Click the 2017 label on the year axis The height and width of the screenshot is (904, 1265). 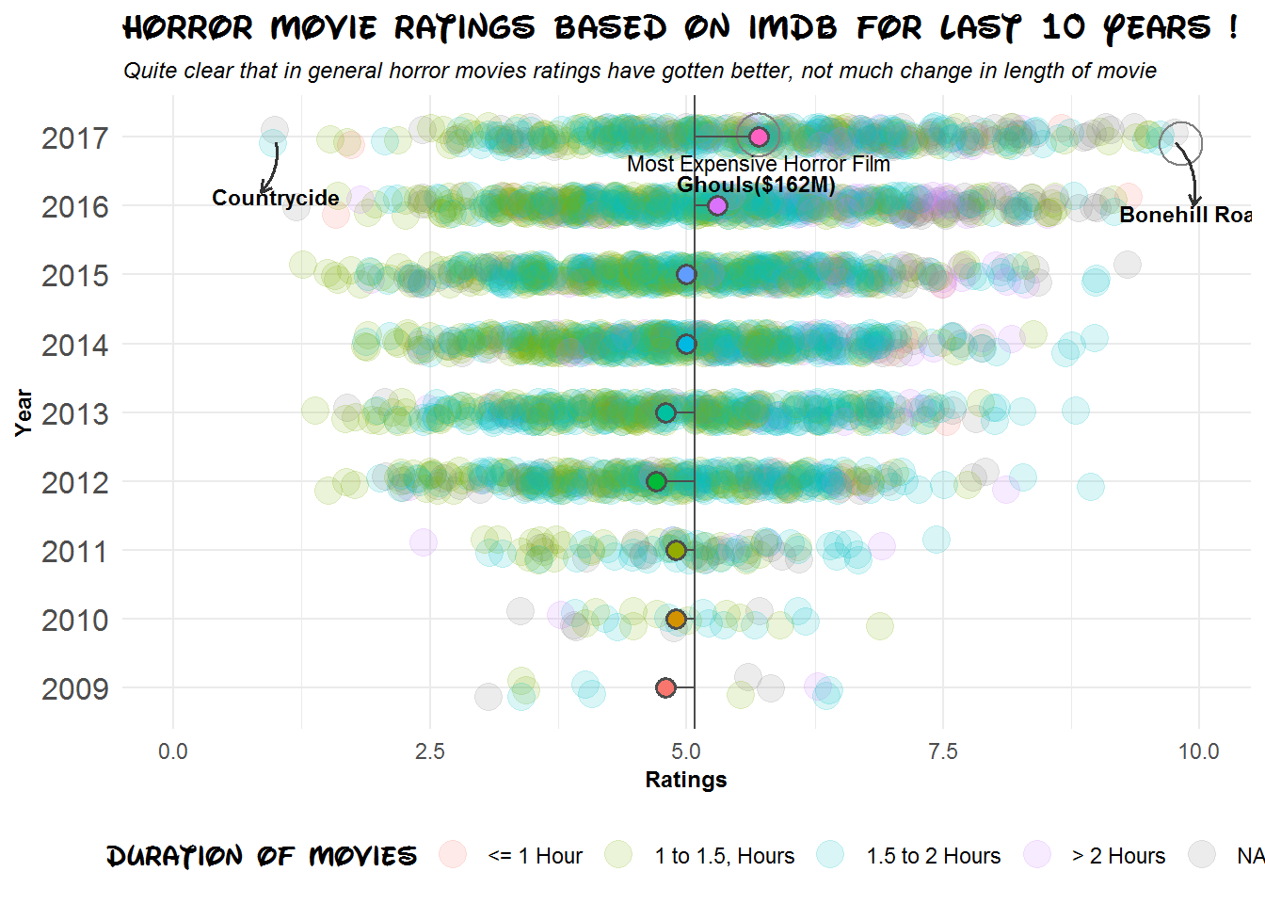click(74, 138)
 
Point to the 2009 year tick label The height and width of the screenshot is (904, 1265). click(74, 689)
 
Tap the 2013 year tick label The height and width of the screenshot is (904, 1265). click(74, 413)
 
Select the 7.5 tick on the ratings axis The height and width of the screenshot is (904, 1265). click(942, 751)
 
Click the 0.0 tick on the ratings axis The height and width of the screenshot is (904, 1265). click(173, 751)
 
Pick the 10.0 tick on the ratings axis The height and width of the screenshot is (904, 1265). click(1198, 751)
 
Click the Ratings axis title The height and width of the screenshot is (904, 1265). click(685, 780)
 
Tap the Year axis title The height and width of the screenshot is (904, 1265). click(24, 412)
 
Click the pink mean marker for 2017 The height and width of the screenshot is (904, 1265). click(759, 137)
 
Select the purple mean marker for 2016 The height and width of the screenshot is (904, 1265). click(717, 205)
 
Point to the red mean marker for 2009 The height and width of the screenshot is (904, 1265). click(665, 687)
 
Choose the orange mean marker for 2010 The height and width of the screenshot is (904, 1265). click(676, 619)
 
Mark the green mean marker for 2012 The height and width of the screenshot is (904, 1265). click(656, 481)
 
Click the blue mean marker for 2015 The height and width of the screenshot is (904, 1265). click(686, 275)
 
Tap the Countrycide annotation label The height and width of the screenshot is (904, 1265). click(275, 198)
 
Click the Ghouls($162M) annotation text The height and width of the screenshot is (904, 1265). click(756, 185)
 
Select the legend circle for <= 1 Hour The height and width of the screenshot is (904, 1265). click(453, 855)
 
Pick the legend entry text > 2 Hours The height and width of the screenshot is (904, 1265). click(1118, 856)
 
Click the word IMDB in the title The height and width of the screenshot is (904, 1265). click(793, 27)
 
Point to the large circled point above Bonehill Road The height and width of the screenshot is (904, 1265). click(1180, 143)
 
